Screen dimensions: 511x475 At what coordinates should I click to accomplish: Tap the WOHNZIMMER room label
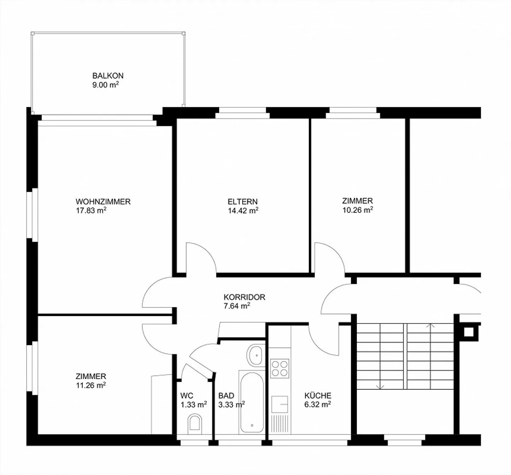point(103,202)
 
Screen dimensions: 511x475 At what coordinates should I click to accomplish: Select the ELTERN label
point(243,202)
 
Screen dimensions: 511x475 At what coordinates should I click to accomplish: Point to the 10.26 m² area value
point(358,210)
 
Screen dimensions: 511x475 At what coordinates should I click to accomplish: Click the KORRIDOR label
point(244,297)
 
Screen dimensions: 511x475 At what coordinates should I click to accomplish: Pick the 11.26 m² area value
point(91,386)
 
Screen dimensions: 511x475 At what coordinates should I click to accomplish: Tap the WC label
point(187,395)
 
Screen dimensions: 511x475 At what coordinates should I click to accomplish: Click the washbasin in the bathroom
point(255,356)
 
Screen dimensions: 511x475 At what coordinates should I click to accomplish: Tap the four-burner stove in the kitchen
point(280,368)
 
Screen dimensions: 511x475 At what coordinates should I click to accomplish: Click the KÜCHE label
point(318,395)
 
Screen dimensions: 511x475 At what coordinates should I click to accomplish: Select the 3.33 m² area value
point(231,405)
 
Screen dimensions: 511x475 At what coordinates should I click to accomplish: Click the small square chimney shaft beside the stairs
point(468,332)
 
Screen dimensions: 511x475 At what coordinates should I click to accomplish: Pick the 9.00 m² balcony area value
point(105,85)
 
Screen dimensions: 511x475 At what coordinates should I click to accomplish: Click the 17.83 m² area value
point(91,210)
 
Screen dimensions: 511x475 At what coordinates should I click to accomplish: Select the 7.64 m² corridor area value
point(237,306)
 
